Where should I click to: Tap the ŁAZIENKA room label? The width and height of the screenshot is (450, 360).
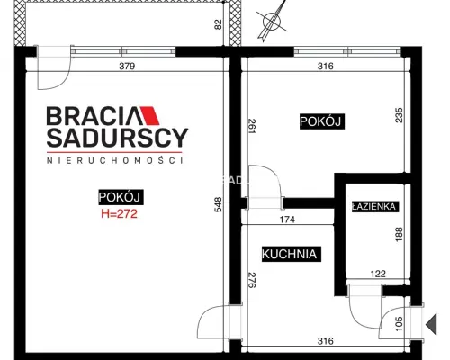[374, 206]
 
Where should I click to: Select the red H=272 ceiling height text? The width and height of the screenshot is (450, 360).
[119, 213]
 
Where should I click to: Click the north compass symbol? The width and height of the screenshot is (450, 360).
[272, 21]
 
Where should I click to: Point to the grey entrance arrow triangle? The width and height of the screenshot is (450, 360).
[431, 324]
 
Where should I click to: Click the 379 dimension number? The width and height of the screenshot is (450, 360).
[127, 66]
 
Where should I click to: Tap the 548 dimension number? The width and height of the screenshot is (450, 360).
[218, 204]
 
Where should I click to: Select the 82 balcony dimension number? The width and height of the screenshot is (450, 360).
[219, 24]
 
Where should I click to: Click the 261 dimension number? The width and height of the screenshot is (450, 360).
[252, 126]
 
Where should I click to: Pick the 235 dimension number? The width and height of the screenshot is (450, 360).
[399, 115]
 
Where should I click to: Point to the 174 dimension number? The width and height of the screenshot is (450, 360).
[287, 220]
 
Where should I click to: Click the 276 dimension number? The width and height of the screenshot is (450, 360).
[252, 280]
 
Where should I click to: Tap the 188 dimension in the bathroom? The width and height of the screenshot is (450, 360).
[399, 235]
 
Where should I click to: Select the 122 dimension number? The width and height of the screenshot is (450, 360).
[378, 274]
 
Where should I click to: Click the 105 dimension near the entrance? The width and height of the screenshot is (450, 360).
[399, 324]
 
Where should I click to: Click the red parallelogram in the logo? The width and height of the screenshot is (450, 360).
[149, 115]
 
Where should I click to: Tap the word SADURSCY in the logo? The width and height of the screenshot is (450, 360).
[117, 138]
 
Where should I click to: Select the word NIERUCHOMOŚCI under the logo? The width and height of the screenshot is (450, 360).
[115, 160]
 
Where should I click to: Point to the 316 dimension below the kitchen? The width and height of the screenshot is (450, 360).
[326, 341]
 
